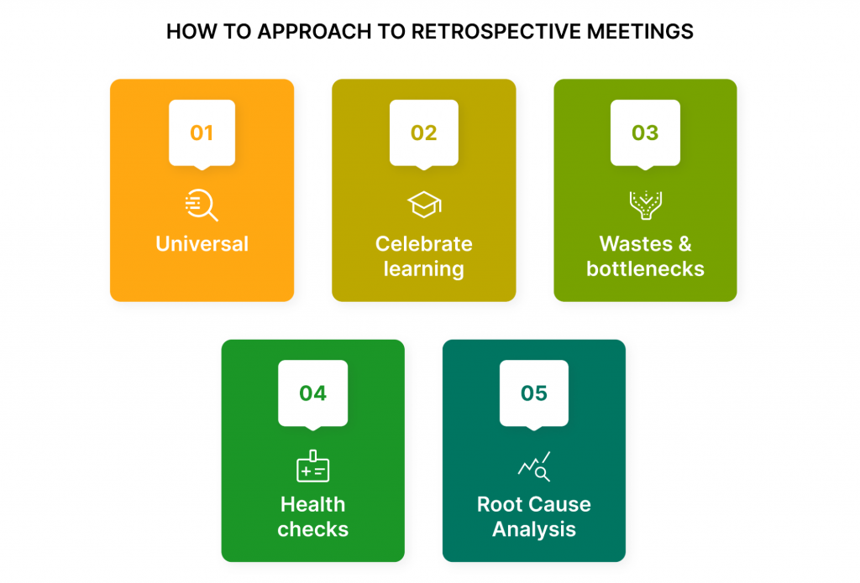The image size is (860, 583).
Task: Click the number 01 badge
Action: point(202,133)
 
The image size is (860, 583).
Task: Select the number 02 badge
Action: point(423,133)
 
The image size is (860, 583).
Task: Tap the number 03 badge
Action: point(645,133)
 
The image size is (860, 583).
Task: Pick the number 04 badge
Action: point(312,394)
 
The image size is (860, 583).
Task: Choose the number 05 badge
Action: point(533,394)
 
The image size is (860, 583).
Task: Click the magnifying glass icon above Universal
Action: point(202,205)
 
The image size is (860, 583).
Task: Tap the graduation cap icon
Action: point(424,205)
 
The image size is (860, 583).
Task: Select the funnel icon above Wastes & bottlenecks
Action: point(646,205)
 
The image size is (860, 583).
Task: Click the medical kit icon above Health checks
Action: point(312,466)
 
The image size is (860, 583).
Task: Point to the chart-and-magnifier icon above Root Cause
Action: point(534,466)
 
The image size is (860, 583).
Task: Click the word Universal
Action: point(202,244)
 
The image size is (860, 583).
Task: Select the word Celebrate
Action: point(423,244)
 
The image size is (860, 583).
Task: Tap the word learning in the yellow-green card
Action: point(423,269)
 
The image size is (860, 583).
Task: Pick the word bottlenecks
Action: point(645,269)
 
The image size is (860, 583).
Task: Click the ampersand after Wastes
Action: point(685,244)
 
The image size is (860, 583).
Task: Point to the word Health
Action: point(312,504)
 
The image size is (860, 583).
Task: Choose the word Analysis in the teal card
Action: point(533,530)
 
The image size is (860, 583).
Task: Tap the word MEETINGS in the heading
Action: point(640,32)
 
